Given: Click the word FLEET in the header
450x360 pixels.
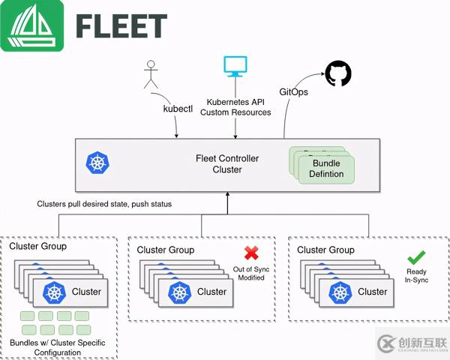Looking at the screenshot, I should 121,26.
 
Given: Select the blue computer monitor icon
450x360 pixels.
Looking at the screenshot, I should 235,66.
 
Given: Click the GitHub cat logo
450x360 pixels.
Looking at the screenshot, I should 337,73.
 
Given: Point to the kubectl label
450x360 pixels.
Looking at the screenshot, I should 178,108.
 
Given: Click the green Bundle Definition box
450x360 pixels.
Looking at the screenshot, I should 326,169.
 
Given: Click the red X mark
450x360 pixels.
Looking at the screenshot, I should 250,253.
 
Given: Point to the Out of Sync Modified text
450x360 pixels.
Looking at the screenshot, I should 250,273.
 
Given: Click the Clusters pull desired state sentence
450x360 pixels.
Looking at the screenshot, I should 104,203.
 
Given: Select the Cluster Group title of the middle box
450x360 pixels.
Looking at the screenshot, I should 165,250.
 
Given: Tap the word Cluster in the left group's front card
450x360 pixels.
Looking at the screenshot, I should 87,292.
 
